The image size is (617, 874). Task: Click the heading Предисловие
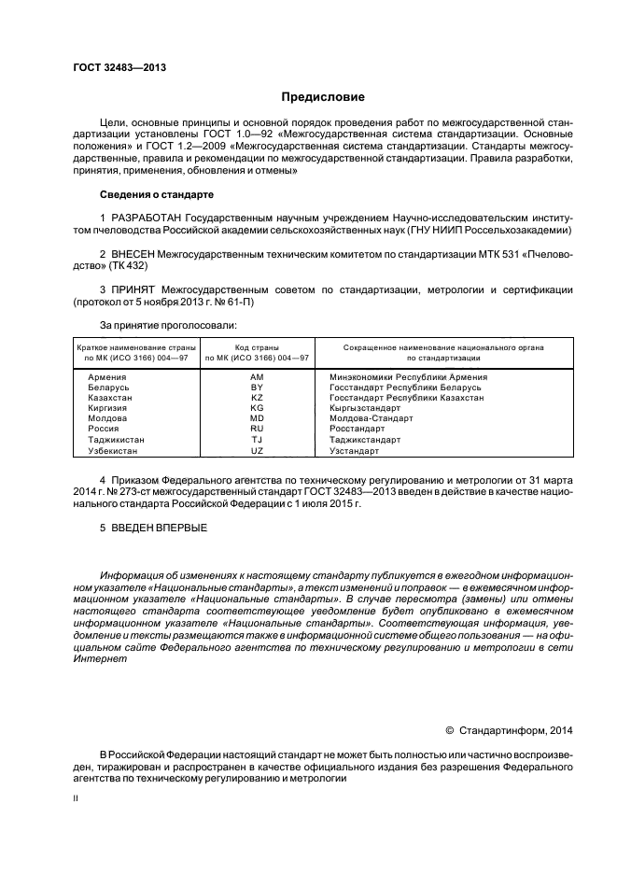(x=324, y=97)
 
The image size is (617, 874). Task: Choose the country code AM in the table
(x=257, y=377)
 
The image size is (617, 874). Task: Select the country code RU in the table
(x=257, y=429)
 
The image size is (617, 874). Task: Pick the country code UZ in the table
(x=257, y=450)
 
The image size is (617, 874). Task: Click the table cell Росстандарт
(x=358, y=429)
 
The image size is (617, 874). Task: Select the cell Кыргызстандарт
(x=365, y=408)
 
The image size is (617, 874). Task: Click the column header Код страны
(x=257, y=346)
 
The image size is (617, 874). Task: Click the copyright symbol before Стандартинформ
(x=449, y=730)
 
